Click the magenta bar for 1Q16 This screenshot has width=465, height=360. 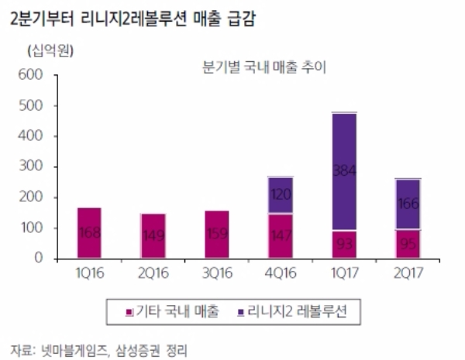pos(89,233)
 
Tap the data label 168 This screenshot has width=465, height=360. pos(89,233)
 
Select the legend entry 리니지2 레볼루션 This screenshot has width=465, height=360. pos(299,312)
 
